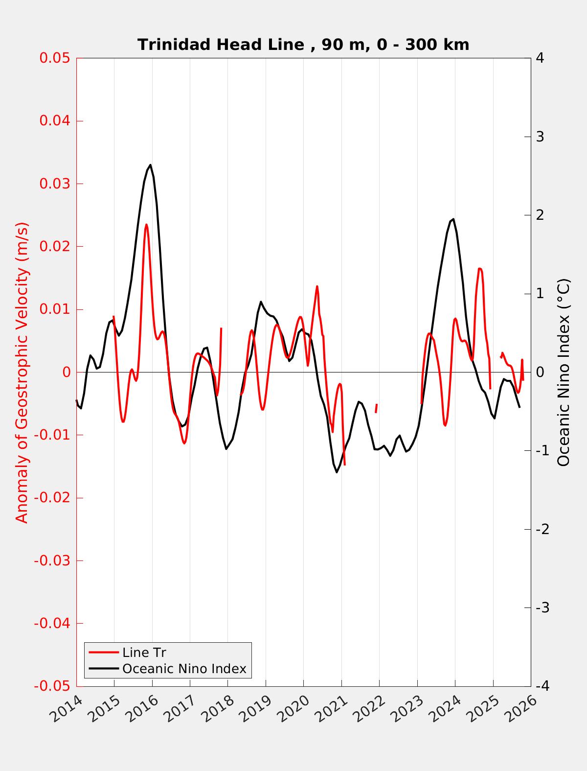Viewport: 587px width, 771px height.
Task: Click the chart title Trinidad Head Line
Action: [303, 45]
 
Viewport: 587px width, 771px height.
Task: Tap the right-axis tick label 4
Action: [540, 58]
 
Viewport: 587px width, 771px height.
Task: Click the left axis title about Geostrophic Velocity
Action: [22, 372]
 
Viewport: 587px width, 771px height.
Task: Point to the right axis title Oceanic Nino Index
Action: [564, 372]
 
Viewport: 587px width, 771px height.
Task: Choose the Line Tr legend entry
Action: [144, 653]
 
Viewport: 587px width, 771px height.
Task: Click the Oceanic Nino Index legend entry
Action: [184, 669]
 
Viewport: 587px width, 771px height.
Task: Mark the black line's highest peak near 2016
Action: [150, 165]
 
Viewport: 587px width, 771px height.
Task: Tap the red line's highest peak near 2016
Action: [146, 225]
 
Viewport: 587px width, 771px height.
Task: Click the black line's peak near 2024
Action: [453, 219]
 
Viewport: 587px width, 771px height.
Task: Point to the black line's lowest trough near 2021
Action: [337, 472]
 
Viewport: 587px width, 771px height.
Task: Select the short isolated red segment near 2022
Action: [376, 408]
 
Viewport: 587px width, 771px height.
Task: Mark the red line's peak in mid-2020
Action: [317, 286]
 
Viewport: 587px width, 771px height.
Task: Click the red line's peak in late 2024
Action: [480, 268]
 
